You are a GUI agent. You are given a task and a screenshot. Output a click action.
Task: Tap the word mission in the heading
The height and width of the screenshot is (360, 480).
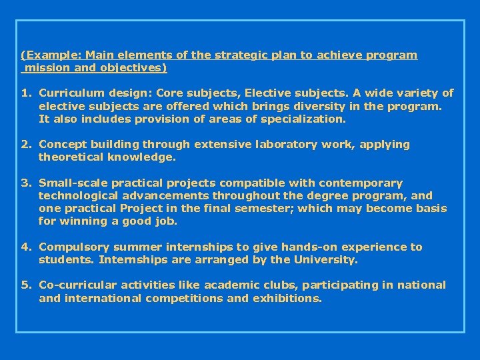[48, 67]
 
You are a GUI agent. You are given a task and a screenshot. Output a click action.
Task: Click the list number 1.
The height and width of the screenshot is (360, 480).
[25, 93]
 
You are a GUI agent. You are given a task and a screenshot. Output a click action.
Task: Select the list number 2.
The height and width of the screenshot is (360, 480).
[25, 145]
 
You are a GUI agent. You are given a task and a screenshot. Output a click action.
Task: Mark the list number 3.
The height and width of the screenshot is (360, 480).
[25, 183]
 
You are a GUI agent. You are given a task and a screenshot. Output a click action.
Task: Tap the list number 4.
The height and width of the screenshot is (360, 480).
[25, 247]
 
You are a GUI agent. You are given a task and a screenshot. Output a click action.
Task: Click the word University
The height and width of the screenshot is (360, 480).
[326, 259]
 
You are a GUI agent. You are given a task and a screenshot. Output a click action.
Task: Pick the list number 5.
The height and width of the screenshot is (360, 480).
[25, 285]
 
